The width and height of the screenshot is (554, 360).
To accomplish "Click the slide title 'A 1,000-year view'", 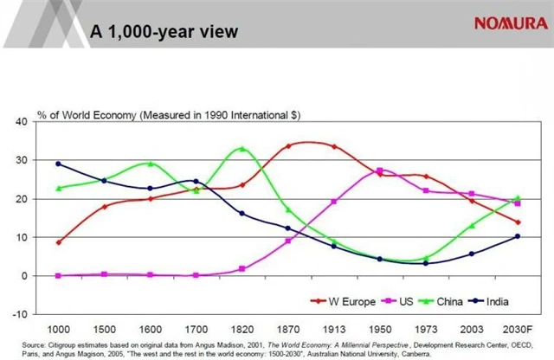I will click(x=164, y=31).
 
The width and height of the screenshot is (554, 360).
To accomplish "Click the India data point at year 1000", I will click(x=58, y=164).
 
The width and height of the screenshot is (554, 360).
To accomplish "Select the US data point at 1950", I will click(x=379, y=170).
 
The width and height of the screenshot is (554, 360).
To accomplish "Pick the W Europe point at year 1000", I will click(x=58, y=242).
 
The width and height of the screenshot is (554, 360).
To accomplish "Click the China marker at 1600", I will click(x=150, y=164).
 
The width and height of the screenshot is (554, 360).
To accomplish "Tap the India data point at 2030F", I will click(x=517, y=236).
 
